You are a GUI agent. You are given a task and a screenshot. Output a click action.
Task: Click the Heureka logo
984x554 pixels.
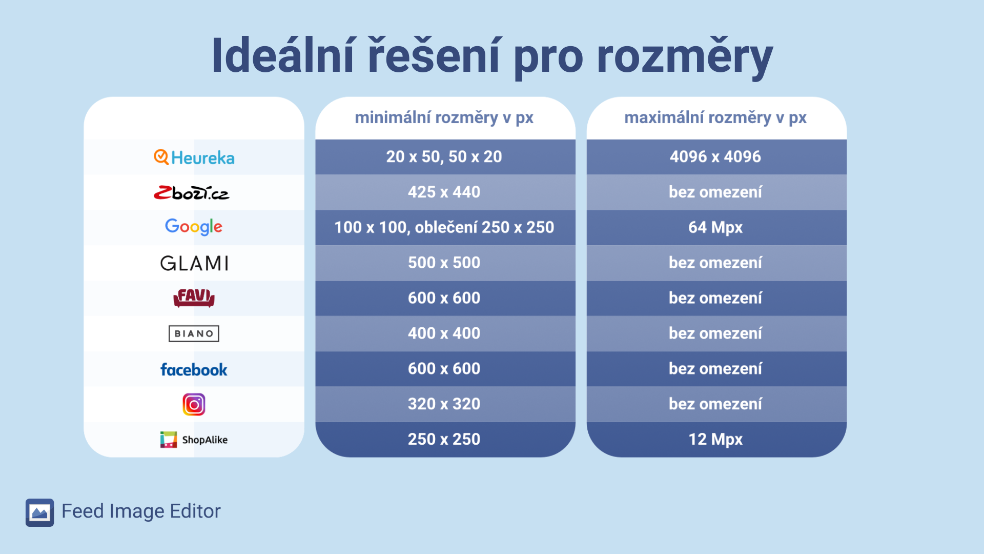[194, 157]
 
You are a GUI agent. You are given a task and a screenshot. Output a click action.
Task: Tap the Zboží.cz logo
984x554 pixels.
[192, 193]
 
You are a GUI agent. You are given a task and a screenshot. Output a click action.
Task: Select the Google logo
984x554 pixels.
[194, 227]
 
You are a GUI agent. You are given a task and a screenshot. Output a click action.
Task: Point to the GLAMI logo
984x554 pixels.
[194, 263]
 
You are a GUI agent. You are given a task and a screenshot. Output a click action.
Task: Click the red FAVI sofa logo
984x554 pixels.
[194, 298]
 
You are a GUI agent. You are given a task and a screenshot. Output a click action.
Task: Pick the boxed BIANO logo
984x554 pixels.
[194, 333]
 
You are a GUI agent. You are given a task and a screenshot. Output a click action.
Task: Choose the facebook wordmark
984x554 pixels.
[194, 369]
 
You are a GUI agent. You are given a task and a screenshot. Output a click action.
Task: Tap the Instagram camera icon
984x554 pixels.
[194, 405]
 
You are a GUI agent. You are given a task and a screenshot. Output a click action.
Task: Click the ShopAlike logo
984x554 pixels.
[194, 440]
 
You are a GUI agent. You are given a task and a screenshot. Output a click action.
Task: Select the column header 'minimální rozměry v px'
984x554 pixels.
[444, 118]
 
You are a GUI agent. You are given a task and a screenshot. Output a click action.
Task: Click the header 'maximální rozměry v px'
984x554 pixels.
[715, 118]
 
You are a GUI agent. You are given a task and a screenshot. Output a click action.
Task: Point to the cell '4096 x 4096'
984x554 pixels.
[715, 157]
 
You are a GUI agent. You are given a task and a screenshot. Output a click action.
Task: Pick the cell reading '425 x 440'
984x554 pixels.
[444, 192]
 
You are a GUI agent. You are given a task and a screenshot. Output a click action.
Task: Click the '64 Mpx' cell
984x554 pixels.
[715, 228]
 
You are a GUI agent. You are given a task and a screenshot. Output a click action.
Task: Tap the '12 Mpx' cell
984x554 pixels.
[715, 440]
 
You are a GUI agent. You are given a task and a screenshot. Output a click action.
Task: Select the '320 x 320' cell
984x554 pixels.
[444, 404]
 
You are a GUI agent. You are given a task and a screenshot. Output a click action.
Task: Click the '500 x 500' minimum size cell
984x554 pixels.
[444, 263]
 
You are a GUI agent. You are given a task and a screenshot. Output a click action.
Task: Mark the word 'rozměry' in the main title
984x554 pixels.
[685, 57]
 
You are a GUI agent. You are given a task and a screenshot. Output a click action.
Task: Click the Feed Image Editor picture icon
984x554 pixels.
[40, 512]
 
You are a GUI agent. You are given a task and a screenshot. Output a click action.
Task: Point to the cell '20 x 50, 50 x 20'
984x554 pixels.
[444, 157]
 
